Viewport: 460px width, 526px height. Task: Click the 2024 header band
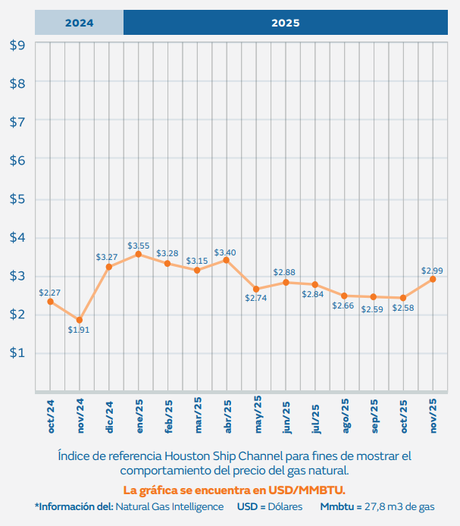tap(79, 23)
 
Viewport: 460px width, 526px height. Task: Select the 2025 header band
tap(285, 23)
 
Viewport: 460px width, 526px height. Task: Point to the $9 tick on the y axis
tap(17, 45)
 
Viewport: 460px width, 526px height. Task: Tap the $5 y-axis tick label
tap(17, 199)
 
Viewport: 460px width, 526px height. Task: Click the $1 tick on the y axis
tap(17, 352)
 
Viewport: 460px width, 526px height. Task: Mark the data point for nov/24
tap(80, 320)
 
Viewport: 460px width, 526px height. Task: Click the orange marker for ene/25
tap(138, 255)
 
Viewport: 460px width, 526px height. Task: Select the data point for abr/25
tap(226, 260)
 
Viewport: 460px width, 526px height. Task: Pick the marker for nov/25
tap(433, 279)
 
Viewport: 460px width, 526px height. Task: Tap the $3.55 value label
tap(138, 246)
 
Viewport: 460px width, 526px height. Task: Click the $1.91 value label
tap(79, 330)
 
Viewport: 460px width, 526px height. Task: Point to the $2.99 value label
tap(432, 271)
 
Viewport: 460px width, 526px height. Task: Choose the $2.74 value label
tap(256, 298)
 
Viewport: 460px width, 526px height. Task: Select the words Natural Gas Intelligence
tap(170, 506)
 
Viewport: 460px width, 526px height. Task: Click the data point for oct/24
tap(51, 302)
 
